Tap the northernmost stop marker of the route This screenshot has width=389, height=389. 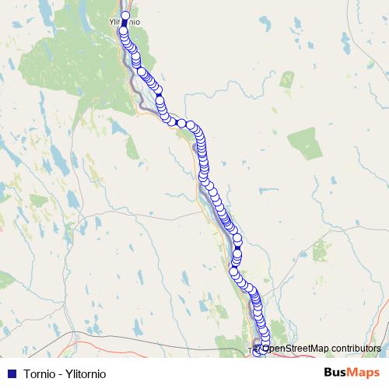(125, 15)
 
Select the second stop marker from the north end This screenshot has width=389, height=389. (124, 31)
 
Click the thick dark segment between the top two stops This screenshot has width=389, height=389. (124, 23)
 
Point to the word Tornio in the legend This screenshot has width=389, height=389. (40, 373)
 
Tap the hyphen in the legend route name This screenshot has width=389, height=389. (60, 373)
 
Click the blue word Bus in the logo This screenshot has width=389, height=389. (336, 373)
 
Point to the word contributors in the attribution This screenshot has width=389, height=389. (356, 348)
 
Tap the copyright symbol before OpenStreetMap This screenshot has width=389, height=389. (258, 348)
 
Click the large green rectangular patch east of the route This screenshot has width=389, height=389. (304, 144)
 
